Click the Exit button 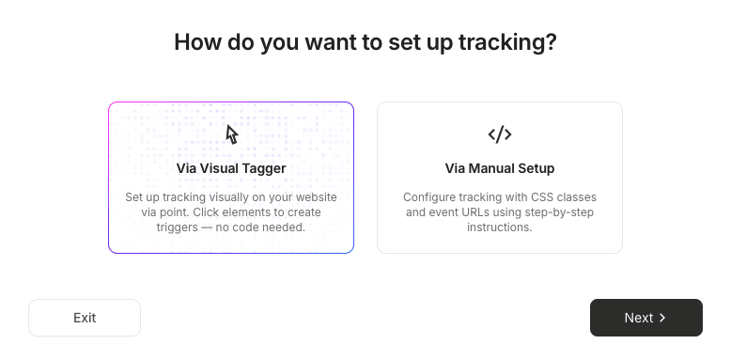coord(85,318)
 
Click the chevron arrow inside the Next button coord(662,318)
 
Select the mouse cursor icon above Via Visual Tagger coord(232,134)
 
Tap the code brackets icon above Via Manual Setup coord(500,134)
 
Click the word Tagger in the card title coord(265,169)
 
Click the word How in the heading coord(197,42)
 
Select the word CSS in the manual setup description coord(541,197)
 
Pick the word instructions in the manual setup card coord(499,227)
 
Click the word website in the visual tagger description coord(317,197)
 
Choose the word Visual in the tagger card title coord(220,168)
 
